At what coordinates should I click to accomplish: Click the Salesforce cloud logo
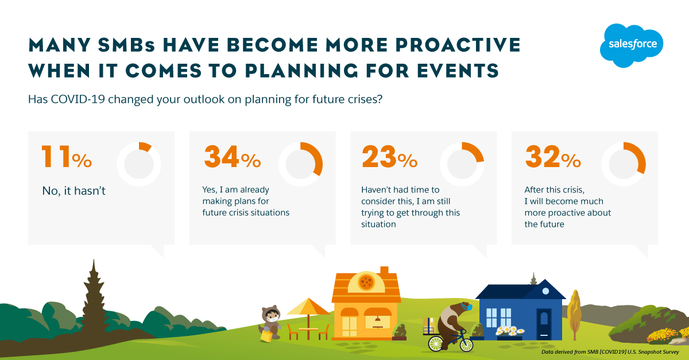[x=632, y=45]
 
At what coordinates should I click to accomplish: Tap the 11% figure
[x=67, y=157]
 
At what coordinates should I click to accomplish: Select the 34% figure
[x=233, y=157]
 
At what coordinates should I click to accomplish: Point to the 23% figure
[x=390, y=157]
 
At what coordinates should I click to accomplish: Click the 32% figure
[x=553, y=157]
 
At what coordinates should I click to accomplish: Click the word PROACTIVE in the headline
[x=458, y=45]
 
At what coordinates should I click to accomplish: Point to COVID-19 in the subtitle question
[x=78, y=99]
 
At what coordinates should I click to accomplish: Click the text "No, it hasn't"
[x=74, y=191]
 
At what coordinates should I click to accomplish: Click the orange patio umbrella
[x=308, y=307]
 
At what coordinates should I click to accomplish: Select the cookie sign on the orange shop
[x=366, y=282]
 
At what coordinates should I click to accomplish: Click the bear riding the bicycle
[x=454, y=323]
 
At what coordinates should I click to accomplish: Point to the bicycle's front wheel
[x=466, y=344]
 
